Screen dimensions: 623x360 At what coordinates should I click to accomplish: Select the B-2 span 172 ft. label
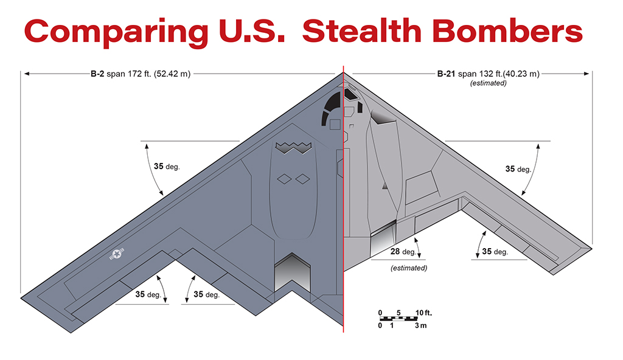pos(141,74)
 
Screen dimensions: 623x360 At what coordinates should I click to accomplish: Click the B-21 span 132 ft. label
pos(489,74)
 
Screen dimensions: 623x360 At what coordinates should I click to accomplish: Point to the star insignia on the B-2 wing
pos(117,254)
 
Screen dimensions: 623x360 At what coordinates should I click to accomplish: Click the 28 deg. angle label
pos(403,252)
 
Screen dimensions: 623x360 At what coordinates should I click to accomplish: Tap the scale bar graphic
pos(399,319)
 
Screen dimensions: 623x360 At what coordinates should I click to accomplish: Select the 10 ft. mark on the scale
pos(423,313)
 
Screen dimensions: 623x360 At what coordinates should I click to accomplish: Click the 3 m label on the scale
pos(421,325)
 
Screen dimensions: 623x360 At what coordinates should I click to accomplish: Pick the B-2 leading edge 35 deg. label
pos(167,167)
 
